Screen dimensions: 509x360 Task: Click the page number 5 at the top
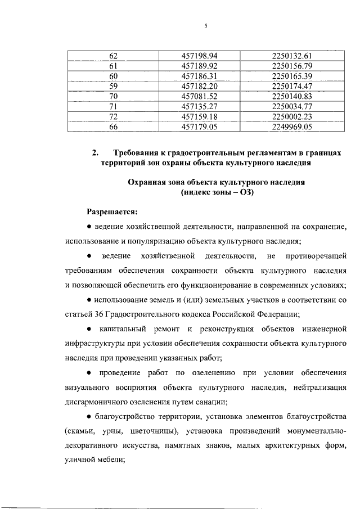point(206,26)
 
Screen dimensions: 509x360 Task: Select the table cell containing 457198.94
point(200,55)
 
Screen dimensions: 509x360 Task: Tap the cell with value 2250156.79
point(291,65)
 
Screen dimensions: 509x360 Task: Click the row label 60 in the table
point(113,76)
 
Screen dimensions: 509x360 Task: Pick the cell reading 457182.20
point(200,86)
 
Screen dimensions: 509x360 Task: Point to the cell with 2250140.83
point(291,96)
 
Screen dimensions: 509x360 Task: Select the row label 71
point(113,106)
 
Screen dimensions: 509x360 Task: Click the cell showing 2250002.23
point(291,116)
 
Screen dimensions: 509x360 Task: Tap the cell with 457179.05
point(200,127)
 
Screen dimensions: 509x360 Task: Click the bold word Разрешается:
point(111,213)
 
